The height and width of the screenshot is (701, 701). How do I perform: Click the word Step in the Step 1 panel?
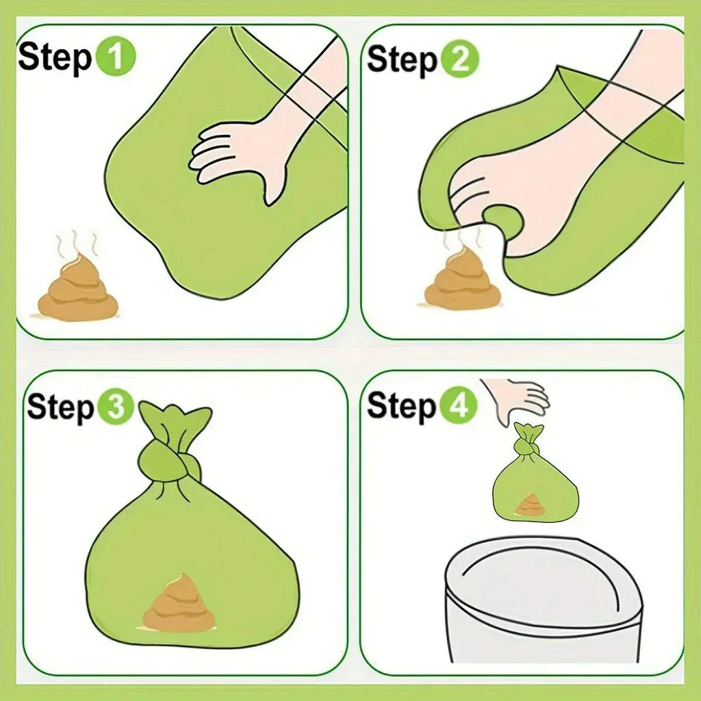tap(55, 58)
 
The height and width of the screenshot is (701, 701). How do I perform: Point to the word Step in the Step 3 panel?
tap(61, 409)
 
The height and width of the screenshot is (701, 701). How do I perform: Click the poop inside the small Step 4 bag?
tap(529, 506)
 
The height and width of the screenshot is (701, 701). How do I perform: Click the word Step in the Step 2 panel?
tap(401, 60)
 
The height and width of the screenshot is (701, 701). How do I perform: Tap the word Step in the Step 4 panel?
tap(401, 407)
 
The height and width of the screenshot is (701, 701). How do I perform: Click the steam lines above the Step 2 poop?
tap(462, 240)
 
